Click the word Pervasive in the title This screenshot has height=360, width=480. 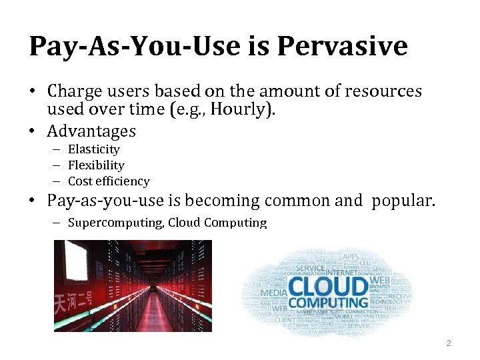click(x=341, y=46)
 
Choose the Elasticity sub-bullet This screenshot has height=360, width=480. click(x=93, y=149)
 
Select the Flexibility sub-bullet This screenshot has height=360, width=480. click(x=96, y=165)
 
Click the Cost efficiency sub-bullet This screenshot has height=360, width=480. click(x=109, y=181)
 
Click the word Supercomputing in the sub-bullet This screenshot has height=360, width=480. click(x=115, y=223)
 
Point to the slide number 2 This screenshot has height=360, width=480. click(x=449, y=343)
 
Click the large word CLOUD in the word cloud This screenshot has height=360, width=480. click(x=329, y=287)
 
